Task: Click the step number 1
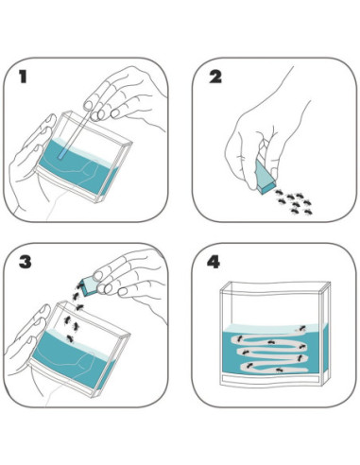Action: click(x=23, y=77)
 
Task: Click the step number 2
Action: click(x=215, y=77)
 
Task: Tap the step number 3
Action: click(x=26, y=262)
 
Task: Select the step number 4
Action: click(x=214, y=262)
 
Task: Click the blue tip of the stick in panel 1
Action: click(x=62, y=153)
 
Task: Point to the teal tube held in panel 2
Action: click(x=266, y=177)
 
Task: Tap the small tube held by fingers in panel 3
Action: click(x=89, y=285)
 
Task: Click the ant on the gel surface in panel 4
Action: click(x=301, y=328)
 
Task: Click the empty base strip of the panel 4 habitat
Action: click(x=272, y=379)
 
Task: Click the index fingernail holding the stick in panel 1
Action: click(x=87, y=105)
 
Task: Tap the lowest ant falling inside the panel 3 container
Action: click(x=70, y=339)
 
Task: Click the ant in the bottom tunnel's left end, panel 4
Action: click(x=249, y=366)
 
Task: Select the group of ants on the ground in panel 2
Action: click(x=294, y=202)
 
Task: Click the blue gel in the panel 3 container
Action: click(x=74, y=357)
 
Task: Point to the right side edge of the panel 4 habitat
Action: click(x=325, y=334)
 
